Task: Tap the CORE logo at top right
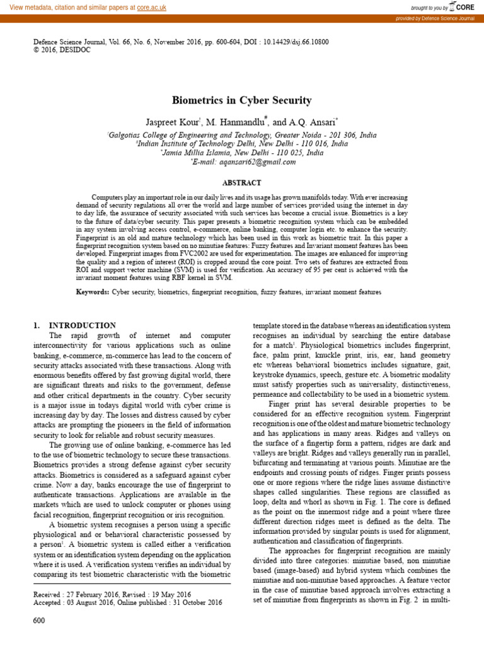tap(461, 7)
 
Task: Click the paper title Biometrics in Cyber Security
tap(241, 100)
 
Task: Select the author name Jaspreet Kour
tap(172, 121)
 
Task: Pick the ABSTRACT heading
tap(241, 183)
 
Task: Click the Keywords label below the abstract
tap(93, 292)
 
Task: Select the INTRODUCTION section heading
tap(82, 325)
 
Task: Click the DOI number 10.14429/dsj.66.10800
tap(292, 42)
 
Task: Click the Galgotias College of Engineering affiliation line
tap(241, 135)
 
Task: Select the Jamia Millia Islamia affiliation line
tap(241, 153)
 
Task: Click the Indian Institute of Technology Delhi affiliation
tap(241, 144)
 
